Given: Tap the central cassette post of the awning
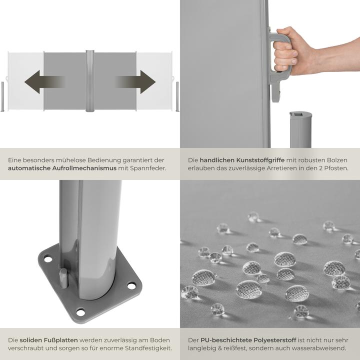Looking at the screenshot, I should point(90,81).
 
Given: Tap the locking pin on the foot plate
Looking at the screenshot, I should point(63,278).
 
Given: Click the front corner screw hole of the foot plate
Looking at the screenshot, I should point(80,312).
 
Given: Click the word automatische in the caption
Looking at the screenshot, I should point(28,168).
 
